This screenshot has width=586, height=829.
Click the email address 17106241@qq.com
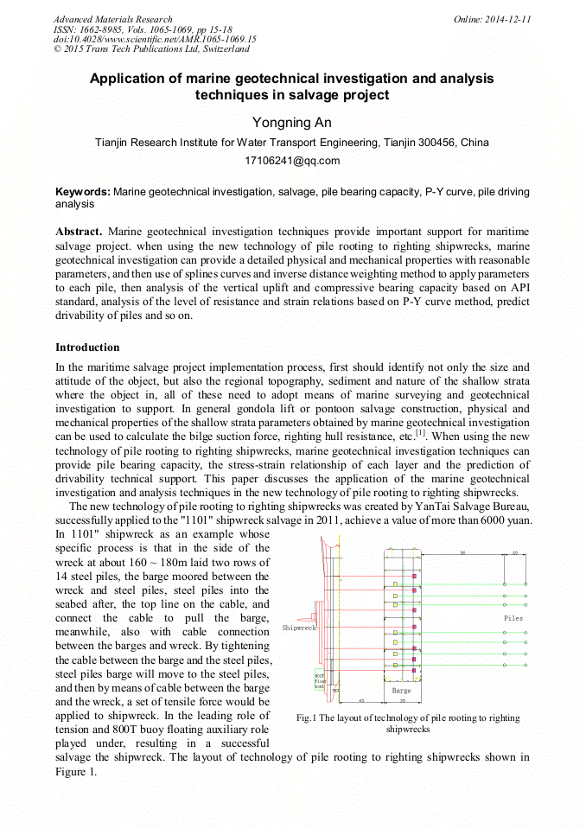coord(293,160)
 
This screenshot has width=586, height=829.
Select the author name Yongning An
coord(293,122)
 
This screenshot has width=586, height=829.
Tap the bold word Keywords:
coord(83,191)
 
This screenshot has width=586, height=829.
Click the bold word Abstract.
coord(80,233)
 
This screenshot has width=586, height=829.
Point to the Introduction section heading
coord(87,348)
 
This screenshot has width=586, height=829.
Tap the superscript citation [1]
coord(421,433)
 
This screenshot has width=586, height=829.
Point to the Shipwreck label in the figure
coord(299,628)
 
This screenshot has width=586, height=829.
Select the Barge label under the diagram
coord(401,691)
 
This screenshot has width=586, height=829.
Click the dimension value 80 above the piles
coord(462,552)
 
